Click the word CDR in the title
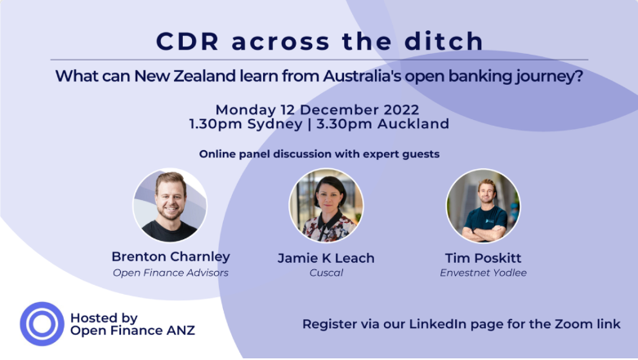188,41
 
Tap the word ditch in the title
444,41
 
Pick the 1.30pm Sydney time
246,124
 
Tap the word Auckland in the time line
413,123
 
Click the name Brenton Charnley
171,256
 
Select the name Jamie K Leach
326,258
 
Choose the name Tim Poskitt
483,258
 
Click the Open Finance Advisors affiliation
171,273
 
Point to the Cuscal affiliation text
326,273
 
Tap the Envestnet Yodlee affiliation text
483,273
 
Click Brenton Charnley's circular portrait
170,206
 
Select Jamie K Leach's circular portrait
326,206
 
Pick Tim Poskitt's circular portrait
483,206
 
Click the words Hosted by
104,318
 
